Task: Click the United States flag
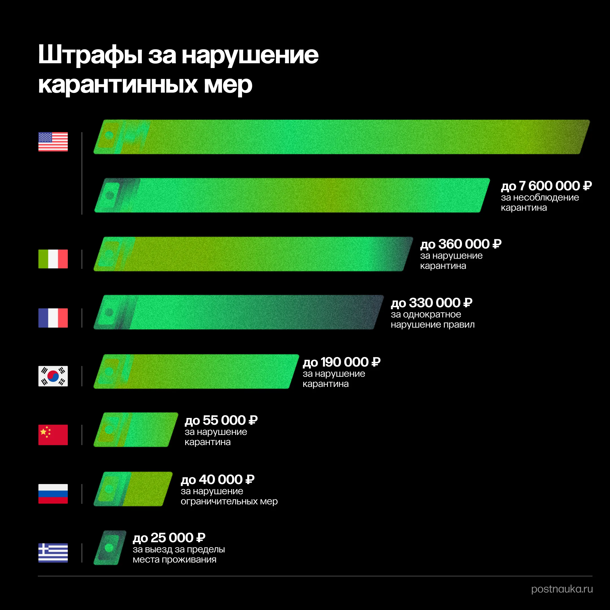(x=53, y=141)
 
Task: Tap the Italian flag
(x=53, y=259)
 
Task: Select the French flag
(x=53, y=318)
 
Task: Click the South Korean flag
(x=53, y=376)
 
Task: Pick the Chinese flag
(x=53, y=435)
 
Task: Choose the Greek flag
(x=53, y=553)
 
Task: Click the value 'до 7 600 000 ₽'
(x=546, y=186)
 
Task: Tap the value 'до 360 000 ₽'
(x=461, y=244)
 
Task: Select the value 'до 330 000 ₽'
(x=431, y=303)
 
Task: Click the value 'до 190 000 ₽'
(x=341, y=362)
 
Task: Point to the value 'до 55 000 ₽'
(x=221, y=420)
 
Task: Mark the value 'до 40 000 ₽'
(x=217, y=480)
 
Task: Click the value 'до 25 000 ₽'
(x=169, y=538)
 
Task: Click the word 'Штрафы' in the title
(x=90, y=55)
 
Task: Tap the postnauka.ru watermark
(x=562, y=589)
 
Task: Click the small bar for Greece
(x=110, y=548)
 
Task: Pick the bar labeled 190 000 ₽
(x=196, y=371)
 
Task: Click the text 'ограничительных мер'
(x=229, y=501)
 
